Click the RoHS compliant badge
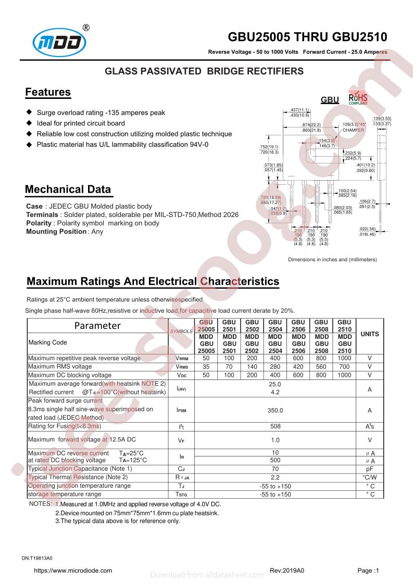coord(358,98)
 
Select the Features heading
coord(48,93)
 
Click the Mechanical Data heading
coord(68,189)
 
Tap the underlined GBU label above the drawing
coord(330,100)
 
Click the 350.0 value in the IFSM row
coord(275,410)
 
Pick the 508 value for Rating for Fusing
coord(275,426)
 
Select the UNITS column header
coord(370,334)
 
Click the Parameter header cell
coord(97,326)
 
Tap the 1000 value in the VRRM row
coord(344,358)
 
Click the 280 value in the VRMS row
coord(275,366)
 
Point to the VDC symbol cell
coord(181,375)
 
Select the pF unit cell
coord(370,468)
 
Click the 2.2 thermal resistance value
coord(275,477)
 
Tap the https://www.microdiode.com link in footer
coord(73,570)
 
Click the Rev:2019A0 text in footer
coord(286,570)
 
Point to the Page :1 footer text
coord(368,570)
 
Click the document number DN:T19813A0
coord(41,557)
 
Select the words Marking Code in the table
coord(47,342)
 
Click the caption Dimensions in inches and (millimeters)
coord(332,259)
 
